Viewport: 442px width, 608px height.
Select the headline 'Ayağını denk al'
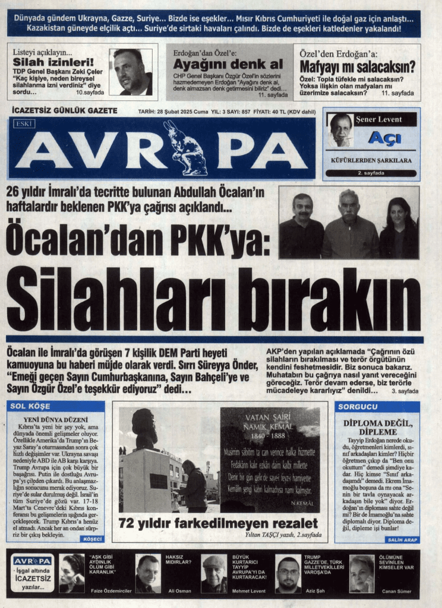point(228,64)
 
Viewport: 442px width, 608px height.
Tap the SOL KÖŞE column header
point(30,407)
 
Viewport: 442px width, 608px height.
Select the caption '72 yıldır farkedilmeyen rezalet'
point(218,524)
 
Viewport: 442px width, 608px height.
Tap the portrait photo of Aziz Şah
point(288,574)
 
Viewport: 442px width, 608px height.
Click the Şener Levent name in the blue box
point(378,119)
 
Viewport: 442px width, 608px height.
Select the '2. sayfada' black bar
point(371,173)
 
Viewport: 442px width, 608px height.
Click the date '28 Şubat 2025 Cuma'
point(174,111)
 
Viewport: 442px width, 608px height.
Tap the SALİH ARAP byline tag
point(402,539)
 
